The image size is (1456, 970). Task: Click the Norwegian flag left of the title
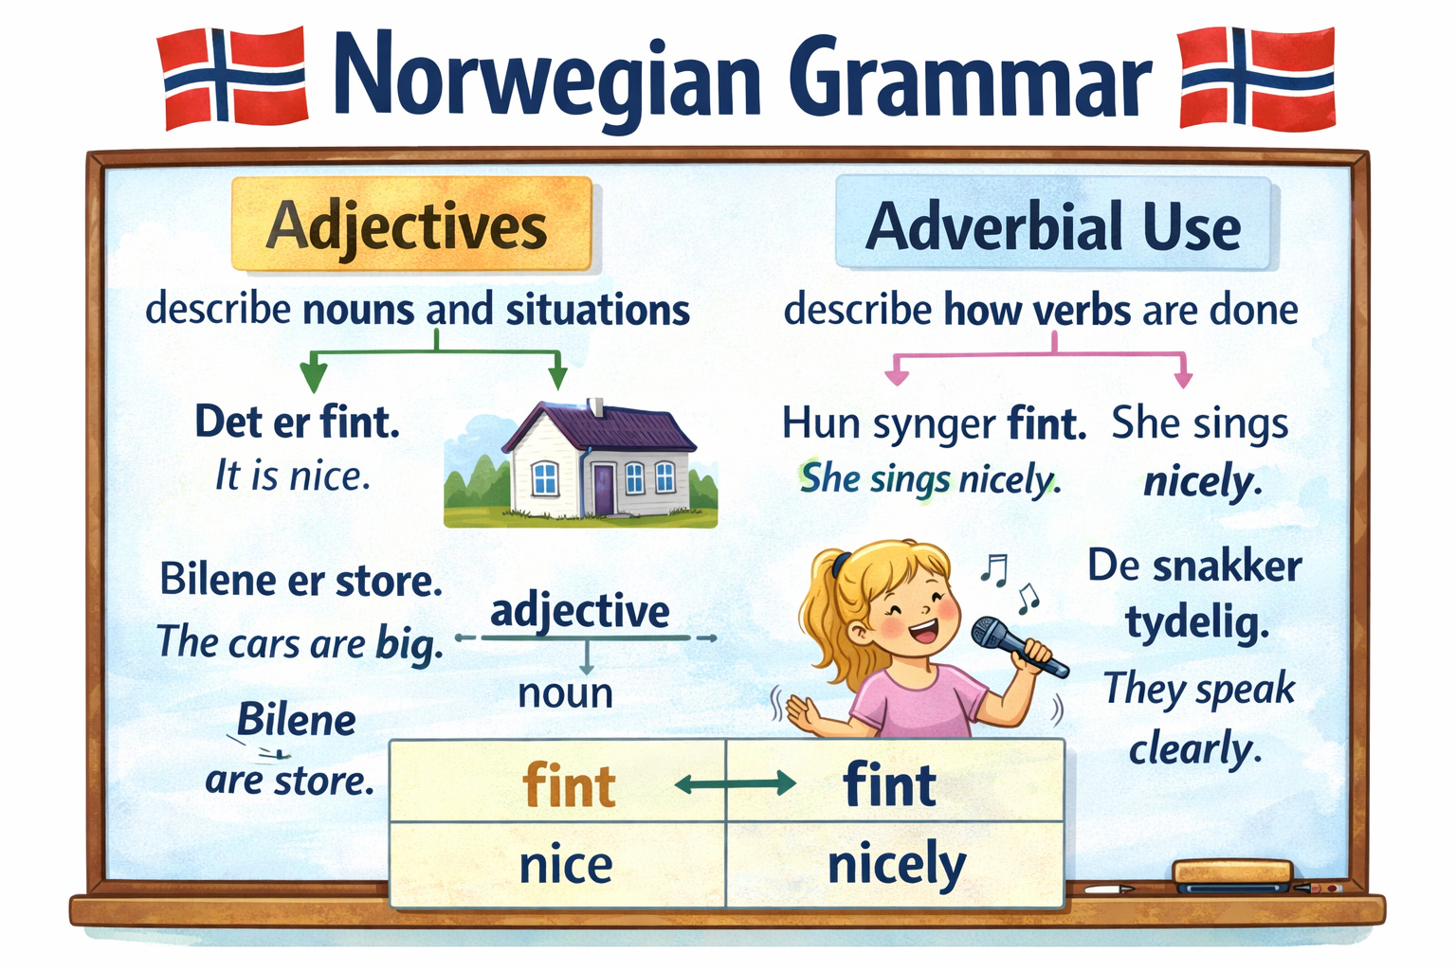click(232, 78)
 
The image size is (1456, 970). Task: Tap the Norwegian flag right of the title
click(1257, 78)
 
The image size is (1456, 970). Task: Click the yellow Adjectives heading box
click(410, 225)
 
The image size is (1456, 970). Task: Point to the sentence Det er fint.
click(297, 422)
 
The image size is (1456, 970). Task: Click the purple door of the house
click(604, 488)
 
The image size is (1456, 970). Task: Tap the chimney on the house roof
click(596, 407)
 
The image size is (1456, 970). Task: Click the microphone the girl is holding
click(1017, 645)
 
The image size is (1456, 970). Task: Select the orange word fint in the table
click(569, 786)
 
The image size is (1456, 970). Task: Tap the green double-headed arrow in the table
click(735, 783)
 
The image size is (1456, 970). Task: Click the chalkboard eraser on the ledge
click(1232, 875)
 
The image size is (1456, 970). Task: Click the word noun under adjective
click(566, 693)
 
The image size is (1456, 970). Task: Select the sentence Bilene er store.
click(300, 580)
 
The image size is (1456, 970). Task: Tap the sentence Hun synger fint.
click(934, 424)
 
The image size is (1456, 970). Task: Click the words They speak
click(1199, 689)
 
